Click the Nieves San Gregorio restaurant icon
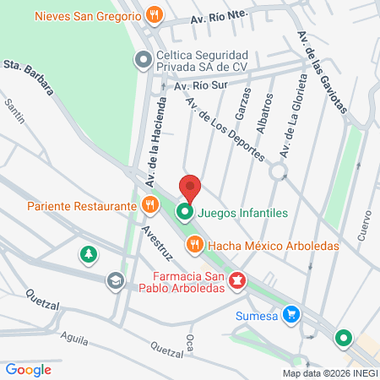click(x=153, y=14)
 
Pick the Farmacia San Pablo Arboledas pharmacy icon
click(x=239, y=280)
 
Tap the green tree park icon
click(x=88, y=254)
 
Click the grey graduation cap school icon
click(x=114, y=280)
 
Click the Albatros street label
click(x=264, y=113)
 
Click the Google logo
click(x=28, y=369)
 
